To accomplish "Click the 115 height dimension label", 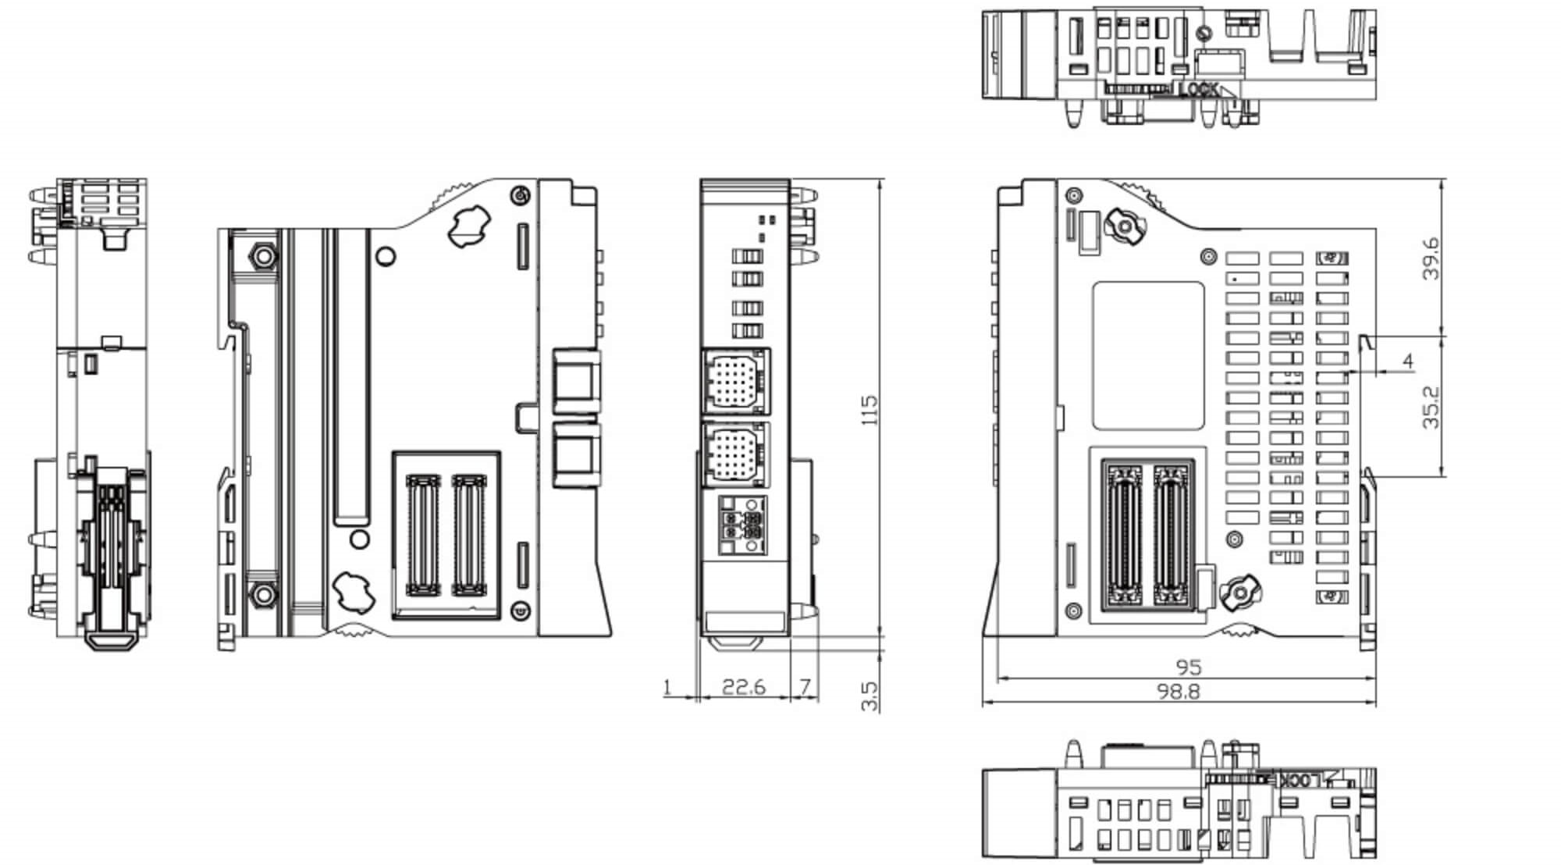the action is pos(869,410).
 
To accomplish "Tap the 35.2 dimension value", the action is pos(1431,407).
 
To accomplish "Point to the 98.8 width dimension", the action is pos(1178,692).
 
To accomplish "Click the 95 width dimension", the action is pos(1188,667).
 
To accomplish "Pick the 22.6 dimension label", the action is pos(744,687).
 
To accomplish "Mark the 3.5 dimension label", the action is pos(869,696).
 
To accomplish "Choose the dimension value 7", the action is pos(805,687).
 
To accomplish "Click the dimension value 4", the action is pos(1408,361).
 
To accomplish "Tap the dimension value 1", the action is pos(667,688).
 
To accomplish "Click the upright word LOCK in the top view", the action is pos(1198,90).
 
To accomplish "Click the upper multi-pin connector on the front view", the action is pos(736,381).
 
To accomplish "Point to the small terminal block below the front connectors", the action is pos(741,525).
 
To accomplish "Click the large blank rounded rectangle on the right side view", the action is pos(1148,355).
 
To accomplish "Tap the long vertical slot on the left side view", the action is pos(351,376).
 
